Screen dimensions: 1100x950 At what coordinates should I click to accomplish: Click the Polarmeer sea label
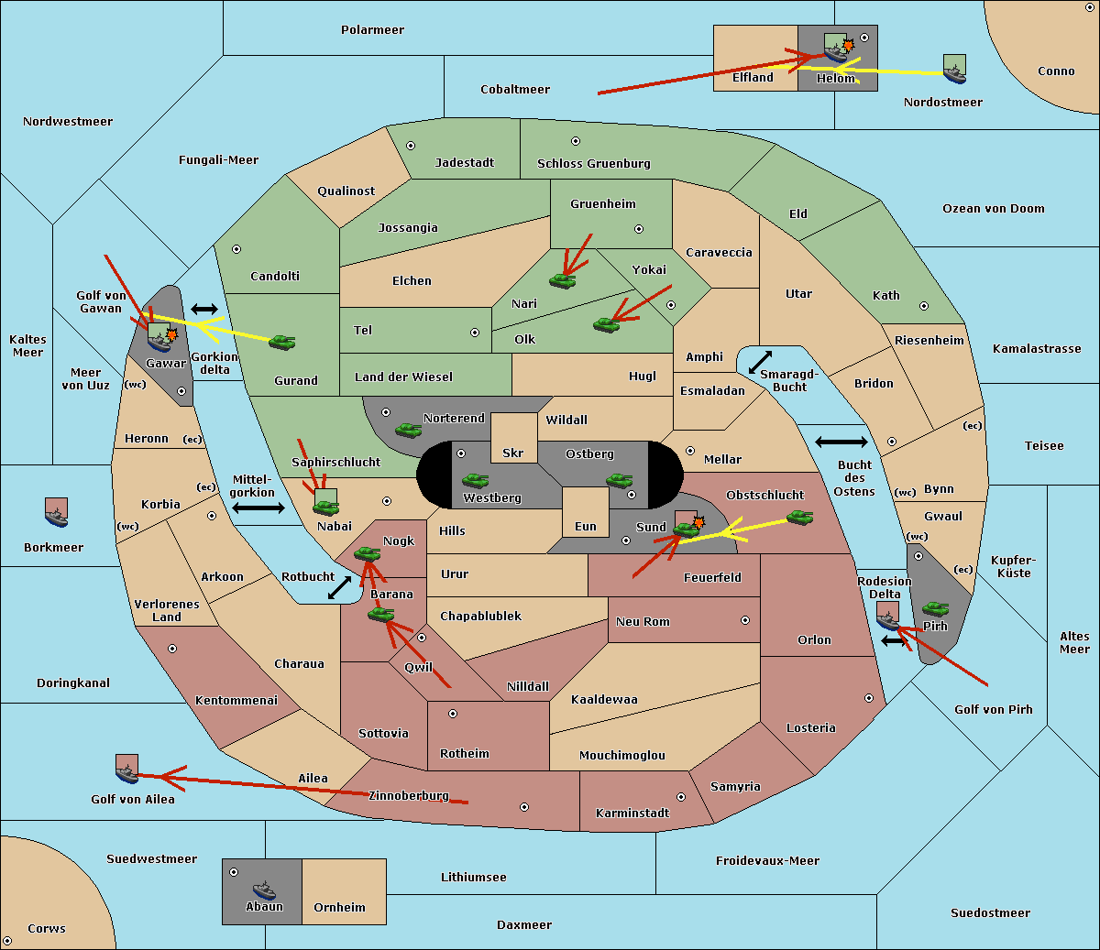tap(372, 30)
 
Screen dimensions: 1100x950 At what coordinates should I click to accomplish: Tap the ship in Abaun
tap(264, 890)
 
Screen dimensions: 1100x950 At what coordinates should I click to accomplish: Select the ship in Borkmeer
tap(57, 517)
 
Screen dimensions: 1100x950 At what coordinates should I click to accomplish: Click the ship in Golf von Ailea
tap(127, 773)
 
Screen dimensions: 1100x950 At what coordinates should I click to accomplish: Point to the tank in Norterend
tap(408, 430)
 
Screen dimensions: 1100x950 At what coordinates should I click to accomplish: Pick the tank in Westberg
tap(475, 480)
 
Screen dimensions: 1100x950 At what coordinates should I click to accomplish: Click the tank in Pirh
tap(935, 608)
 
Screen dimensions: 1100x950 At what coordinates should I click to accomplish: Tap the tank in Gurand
tap(281, 342)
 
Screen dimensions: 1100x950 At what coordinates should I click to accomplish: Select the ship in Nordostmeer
tap(955, 74)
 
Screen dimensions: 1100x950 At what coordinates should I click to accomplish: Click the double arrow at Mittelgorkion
tap(258, 508)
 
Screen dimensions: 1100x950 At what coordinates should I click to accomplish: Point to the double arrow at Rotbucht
tap(339, 587)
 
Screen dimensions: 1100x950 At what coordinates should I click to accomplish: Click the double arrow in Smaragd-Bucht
tap(760, 362)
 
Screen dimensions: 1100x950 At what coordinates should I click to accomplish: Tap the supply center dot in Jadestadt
tap(411, 146)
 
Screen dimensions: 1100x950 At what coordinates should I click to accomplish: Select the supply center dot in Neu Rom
tap(745, 620)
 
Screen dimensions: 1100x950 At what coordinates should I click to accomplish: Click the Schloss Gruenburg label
tap(594, 163)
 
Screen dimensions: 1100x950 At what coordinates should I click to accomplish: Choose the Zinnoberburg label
tap(409, 796)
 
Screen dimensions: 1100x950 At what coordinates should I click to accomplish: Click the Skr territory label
tap(513, 453)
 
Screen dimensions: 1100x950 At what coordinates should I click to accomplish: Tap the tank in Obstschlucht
tap(799, 518)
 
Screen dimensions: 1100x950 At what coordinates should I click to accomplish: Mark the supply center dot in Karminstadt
tap(681, 797)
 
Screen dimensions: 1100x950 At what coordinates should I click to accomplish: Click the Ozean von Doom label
tap(993, 209)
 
